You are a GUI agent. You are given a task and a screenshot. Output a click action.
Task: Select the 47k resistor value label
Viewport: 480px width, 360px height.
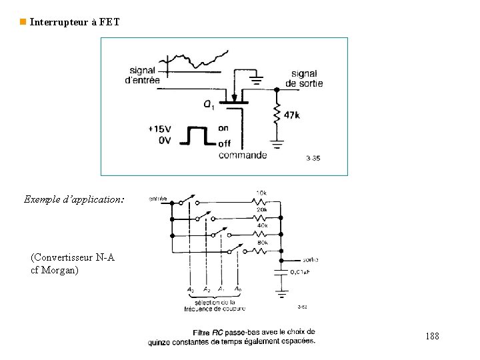(291, 115)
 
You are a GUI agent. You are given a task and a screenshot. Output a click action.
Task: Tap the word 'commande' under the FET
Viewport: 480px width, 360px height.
(243, 155)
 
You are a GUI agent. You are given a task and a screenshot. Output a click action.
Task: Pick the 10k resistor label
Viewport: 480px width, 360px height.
(261, 193)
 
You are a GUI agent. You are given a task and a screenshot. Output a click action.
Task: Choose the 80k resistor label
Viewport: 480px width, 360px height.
(262, 243)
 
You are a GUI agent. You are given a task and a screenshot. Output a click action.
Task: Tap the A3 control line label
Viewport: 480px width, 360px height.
(191, 289)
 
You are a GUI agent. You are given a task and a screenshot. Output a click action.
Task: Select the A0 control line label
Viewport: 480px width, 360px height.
(239, 289)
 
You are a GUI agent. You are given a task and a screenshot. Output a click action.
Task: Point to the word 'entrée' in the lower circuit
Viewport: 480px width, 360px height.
(157, 199)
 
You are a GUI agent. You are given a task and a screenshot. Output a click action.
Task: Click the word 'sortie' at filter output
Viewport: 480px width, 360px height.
(310, 259)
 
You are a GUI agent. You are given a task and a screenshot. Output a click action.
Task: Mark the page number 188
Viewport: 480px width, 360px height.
(432, 337)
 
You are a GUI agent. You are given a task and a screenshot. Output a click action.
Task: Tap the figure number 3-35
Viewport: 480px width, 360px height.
(313, 158)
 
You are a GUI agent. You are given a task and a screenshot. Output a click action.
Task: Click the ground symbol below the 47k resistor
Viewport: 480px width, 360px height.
(276, 143)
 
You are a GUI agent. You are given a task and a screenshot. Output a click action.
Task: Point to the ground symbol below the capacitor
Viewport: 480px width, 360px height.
(282, 292)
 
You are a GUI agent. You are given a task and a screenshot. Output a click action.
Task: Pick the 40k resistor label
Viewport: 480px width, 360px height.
(262, 225)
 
